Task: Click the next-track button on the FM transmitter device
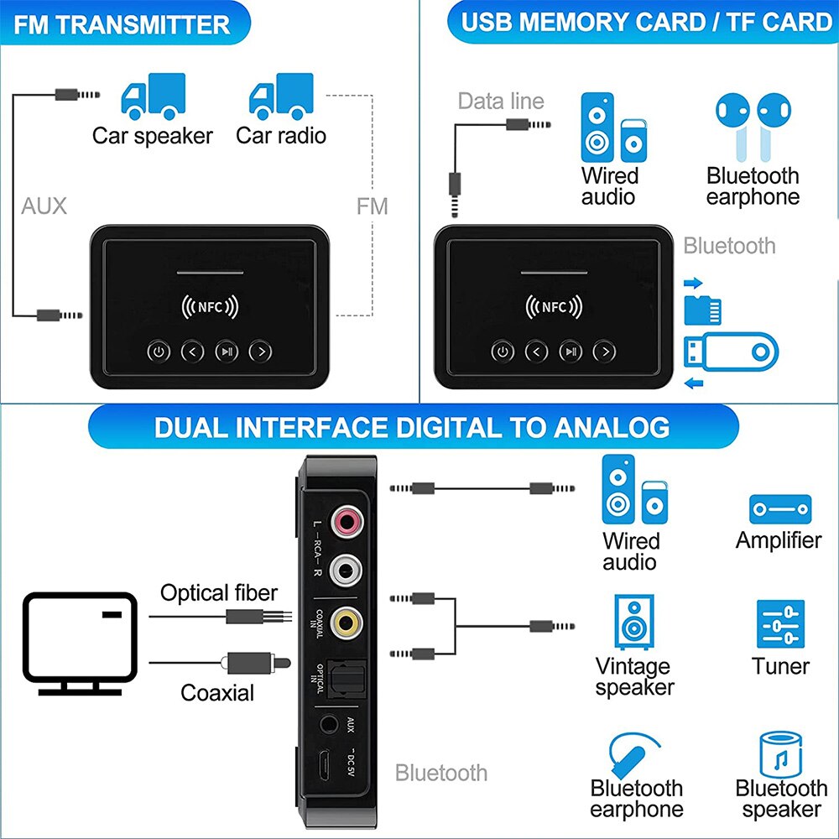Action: pyautogui.click(x=262, y=352)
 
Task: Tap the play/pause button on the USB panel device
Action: pyautogui.click(x=571, y=352)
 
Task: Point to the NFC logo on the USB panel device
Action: pyautogui.click(x=554, y=307)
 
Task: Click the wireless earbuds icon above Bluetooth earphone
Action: pyautogui.click(x=752, y=126)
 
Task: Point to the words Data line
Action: pyautogui.click(x=501, y=102)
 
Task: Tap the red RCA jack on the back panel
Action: pyautogui.click(x=346, y=523)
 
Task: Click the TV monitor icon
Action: pyautogui.click(x=80, y=642)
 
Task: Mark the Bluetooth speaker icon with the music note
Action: pyautogui.click(x=779, y=754)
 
